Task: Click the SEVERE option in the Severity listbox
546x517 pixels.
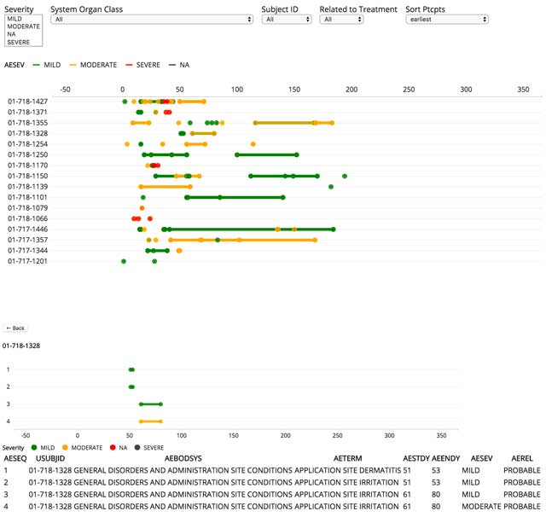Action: (x=18, y=41)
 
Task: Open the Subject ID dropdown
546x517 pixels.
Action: (x=286, y=19)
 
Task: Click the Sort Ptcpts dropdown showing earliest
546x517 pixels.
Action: (x=447, y=19)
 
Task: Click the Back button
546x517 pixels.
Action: (x=15, y=328)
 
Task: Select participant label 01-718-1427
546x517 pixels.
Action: (x=27, y=102)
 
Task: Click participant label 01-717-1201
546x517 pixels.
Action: (x=27, y=261)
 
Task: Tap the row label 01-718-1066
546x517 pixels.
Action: (x=27, y=218)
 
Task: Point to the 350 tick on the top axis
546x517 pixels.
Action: (x=523, y=88)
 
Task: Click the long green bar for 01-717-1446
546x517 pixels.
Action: (x=247, y=229)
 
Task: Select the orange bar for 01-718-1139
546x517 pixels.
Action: (x=165, y=186)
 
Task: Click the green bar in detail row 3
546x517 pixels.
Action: (x=151, y=404)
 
